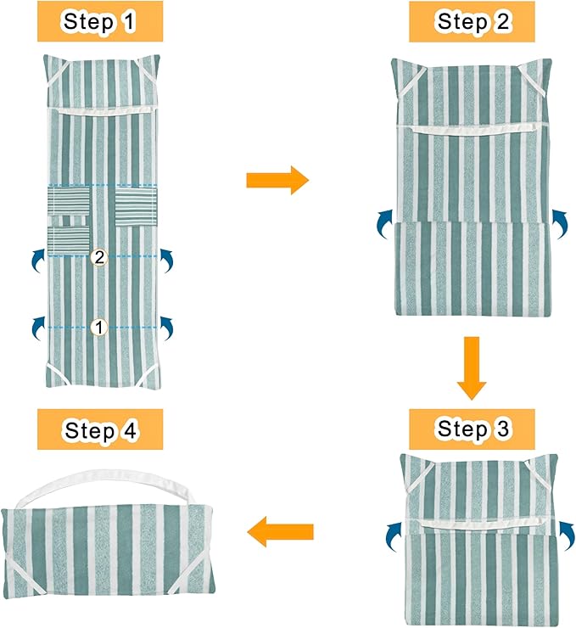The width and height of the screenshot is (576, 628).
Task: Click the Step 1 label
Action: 100,21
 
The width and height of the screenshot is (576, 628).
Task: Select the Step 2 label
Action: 472,21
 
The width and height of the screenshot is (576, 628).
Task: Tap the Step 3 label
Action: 472,429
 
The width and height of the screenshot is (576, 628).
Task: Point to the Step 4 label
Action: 100,429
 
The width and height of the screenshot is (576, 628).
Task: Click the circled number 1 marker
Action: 98,328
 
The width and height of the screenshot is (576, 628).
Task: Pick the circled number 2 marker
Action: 98,257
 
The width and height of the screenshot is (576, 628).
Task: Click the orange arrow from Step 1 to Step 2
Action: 277,180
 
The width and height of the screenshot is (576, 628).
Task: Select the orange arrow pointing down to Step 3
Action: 472,368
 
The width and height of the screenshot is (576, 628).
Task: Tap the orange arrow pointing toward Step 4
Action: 280,531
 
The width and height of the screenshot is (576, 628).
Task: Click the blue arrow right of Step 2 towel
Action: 560,224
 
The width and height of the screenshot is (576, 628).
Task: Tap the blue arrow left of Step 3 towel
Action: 394,536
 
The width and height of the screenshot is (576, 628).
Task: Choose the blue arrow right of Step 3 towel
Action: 567,535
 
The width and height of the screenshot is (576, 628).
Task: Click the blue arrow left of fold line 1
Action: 39,328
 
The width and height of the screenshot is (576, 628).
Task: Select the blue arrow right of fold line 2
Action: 166,261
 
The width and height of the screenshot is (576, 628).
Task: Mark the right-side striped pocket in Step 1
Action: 136,207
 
